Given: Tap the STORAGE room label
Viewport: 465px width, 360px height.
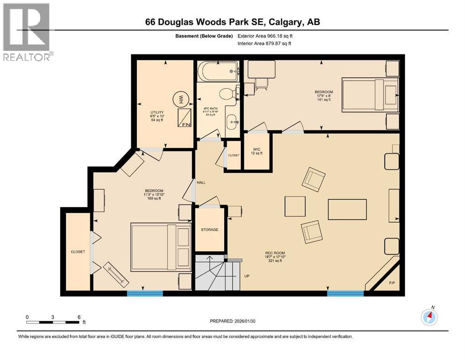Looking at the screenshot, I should pos(209,229).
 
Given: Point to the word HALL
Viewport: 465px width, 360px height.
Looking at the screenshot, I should pos(201,182).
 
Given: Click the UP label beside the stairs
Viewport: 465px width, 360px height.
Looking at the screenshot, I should pos(247,276).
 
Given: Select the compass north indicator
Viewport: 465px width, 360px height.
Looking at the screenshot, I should pos(429,317).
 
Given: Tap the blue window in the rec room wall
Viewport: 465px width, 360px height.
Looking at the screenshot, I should pos(346,293).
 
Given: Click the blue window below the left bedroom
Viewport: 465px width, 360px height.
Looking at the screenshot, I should pos(145,293).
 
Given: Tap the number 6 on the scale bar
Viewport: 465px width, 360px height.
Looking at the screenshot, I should pos(79,317).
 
